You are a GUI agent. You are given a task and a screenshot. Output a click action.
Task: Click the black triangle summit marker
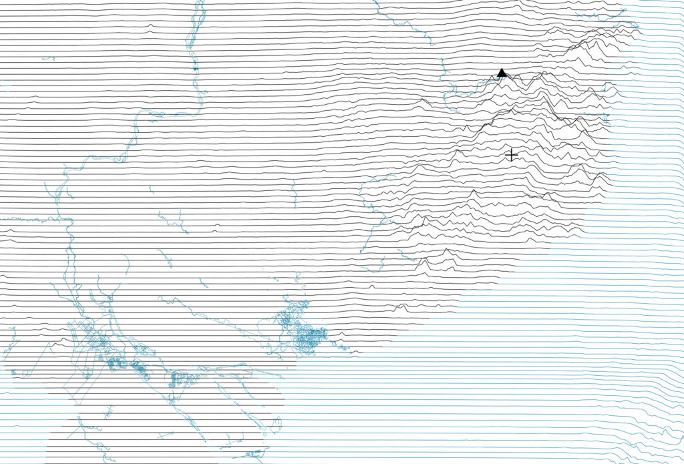tap(502, 73)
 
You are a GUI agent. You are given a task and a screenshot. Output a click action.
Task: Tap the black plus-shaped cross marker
tap(511, 155)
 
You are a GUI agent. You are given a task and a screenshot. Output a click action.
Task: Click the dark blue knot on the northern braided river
tap(195, 69)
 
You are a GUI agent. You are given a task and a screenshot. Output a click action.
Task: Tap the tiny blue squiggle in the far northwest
tap(48, 59)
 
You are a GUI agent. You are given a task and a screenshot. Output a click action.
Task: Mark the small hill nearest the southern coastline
tap(401, 307)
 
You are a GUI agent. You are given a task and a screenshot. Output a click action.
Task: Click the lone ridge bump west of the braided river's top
tap(150, 26)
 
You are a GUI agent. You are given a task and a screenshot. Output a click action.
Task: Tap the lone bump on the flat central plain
tap(215, 230)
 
